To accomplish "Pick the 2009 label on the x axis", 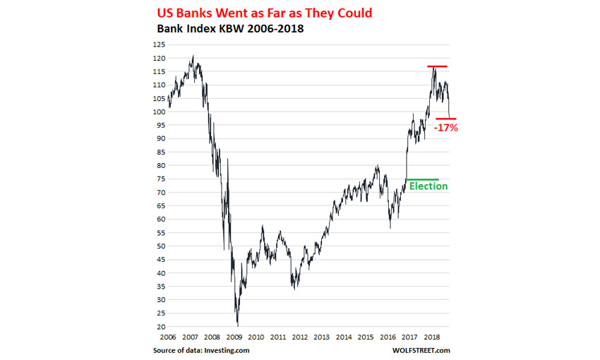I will pyautogui.click(x=234, y=337).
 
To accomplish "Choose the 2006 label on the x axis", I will pyautogui.click(x=169, y=337).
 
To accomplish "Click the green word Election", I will pyautogui.click(x=428, y=186).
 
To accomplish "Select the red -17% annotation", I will pyautogui.click(x=447, y=128).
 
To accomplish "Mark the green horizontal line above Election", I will pyautogui.click(x=422, y=179).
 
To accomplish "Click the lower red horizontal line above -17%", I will pyautogui.click(x=445, y=119).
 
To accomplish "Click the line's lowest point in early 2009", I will pyautogui.click(x=237, y=323).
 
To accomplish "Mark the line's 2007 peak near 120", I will pyautogui.click(x=193, y=56).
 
